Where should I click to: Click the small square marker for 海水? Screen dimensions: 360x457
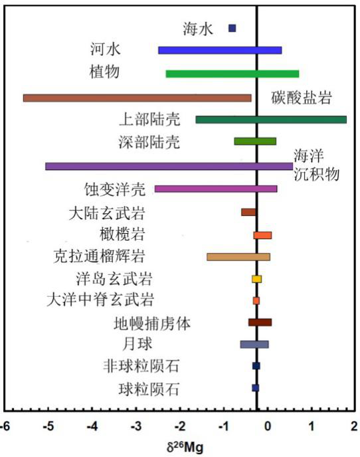point(232,28)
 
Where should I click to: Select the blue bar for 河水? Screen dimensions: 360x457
point(220,50)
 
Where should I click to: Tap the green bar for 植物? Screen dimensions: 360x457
point(232,74)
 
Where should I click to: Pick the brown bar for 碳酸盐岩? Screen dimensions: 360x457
point(137,98)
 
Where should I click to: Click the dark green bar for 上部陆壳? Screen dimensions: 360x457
point(271,120)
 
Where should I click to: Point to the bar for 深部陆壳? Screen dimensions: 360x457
point(255,141)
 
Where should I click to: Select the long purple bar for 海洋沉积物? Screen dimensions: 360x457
point(169,166)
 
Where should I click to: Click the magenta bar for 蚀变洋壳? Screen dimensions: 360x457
point(216,189)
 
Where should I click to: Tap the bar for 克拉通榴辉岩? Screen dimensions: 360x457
point(238,257)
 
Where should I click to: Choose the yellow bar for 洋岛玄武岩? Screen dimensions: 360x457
point(256,279)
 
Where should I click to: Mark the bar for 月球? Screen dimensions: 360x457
point(254,344)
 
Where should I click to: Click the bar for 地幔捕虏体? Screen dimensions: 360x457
point(260,322)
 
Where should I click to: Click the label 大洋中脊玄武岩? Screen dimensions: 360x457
point(100,300)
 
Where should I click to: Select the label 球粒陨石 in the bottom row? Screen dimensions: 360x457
point(149,389)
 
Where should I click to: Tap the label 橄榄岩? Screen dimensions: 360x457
point(122,234)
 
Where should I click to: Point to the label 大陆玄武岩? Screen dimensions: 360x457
point(107,213)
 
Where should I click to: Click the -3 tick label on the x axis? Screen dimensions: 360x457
point(136,426)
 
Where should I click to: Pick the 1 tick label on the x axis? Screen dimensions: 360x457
point(312,426)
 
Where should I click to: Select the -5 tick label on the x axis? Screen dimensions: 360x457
point(48,426)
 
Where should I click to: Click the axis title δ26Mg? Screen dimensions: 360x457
point(185,446)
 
